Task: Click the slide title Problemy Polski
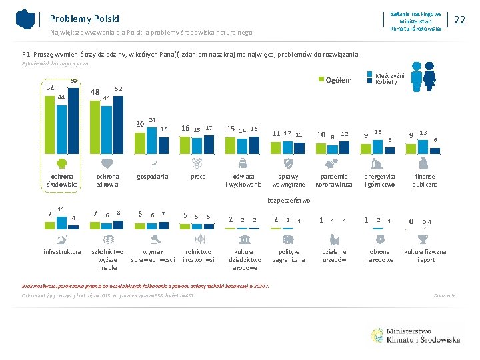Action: click(83, 19)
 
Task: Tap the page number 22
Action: click(459, 20)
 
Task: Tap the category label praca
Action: click(197, 177)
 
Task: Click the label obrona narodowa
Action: click(380, 256)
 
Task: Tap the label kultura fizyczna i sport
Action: click(425, 256)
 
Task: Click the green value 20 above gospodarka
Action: click(140, 124)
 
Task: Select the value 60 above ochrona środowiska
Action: click(73, 81)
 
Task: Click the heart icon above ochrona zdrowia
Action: click(107, 163)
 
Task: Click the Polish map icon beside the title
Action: click(25, 19)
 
